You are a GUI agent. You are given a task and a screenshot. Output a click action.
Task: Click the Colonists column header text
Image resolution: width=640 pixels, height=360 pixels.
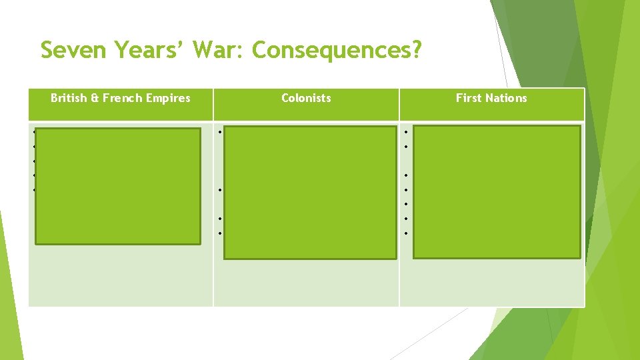tap(306, 98)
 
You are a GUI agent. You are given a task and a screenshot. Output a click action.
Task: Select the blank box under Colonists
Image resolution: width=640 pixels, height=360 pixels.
tap(310, 192)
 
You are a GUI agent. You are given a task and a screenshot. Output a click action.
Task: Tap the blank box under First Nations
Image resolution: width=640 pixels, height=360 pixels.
tap(497, 192)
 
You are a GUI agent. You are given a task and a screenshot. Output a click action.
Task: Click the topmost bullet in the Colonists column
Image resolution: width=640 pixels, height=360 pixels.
tap(219, 131)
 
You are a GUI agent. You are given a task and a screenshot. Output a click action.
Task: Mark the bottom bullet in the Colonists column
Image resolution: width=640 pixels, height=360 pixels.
tap(219, 233)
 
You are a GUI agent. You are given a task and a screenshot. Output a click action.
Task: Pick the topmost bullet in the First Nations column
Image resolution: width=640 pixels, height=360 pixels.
tap(405, 131)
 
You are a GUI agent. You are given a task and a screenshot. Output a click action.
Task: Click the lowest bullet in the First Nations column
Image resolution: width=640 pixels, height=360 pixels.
tap(405, 233)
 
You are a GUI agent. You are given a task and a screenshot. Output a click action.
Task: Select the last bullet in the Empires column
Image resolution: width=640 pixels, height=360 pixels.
tap(33, 190)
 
